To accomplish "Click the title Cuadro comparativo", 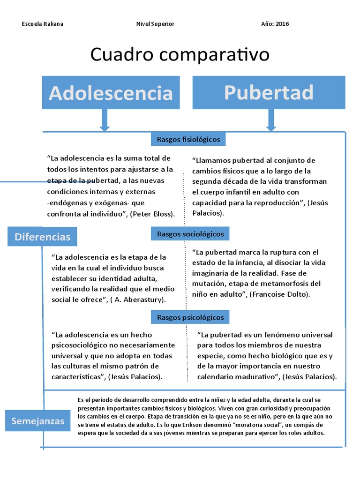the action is click(x=180, y=55).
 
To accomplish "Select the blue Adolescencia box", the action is click(x=111, y=92).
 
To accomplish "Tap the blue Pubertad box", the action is click(x=269, y=92).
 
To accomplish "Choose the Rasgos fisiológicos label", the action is click(x=188, y=139).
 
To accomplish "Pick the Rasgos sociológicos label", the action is click(x=190, y=233).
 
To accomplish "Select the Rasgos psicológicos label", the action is click(x=190, y=317).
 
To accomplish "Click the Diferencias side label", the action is click(x=42, y=237).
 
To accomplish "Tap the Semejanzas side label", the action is click(x=37, y=421).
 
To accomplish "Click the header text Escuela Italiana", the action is click(x=43, y=24).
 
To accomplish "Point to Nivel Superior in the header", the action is click(x=155, y=24).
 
